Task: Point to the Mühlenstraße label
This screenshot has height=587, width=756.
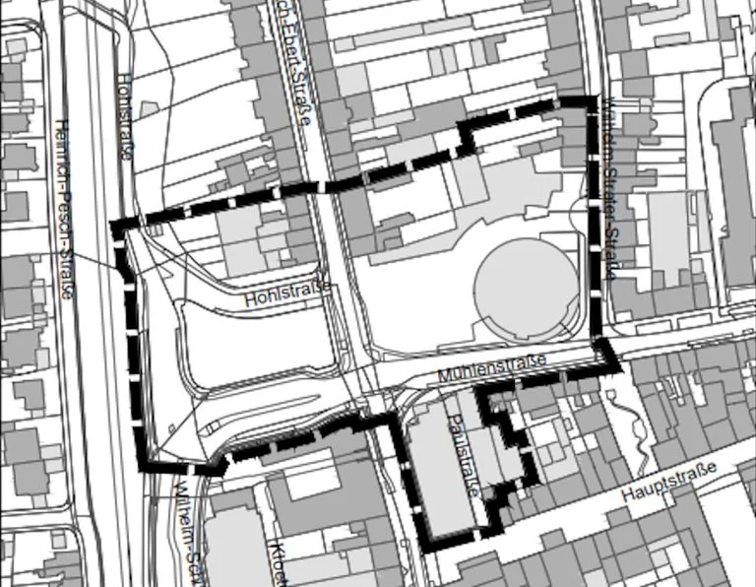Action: tap(491, 370)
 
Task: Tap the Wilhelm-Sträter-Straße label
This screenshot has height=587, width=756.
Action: tap(610, 187)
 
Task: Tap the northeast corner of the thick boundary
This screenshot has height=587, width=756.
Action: tap(594, 100)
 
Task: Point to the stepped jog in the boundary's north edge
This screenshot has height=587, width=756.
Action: tap(467, 138)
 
